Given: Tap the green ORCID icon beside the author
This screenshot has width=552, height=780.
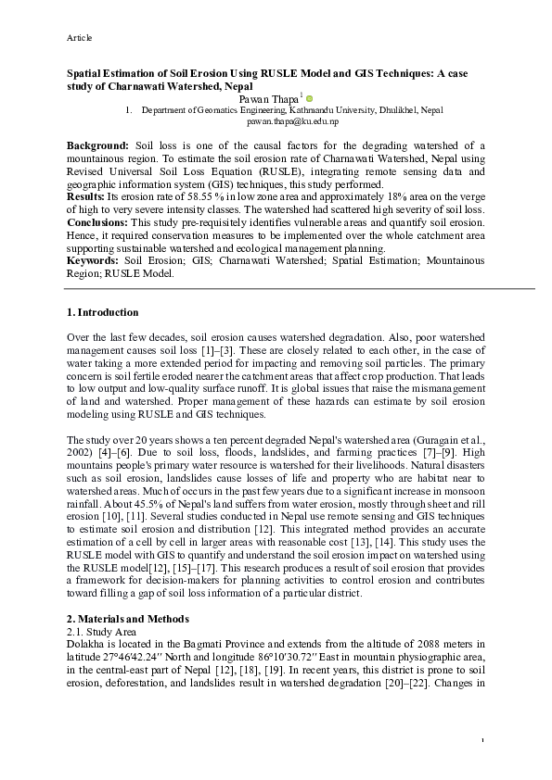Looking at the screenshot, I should [x=310, y=97].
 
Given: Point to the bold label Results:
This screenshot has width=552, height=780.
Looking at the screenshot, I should [x=85, y=198].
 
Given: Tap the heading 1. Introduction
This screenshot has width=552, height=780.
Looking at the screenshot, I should [x=103, y=312].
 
